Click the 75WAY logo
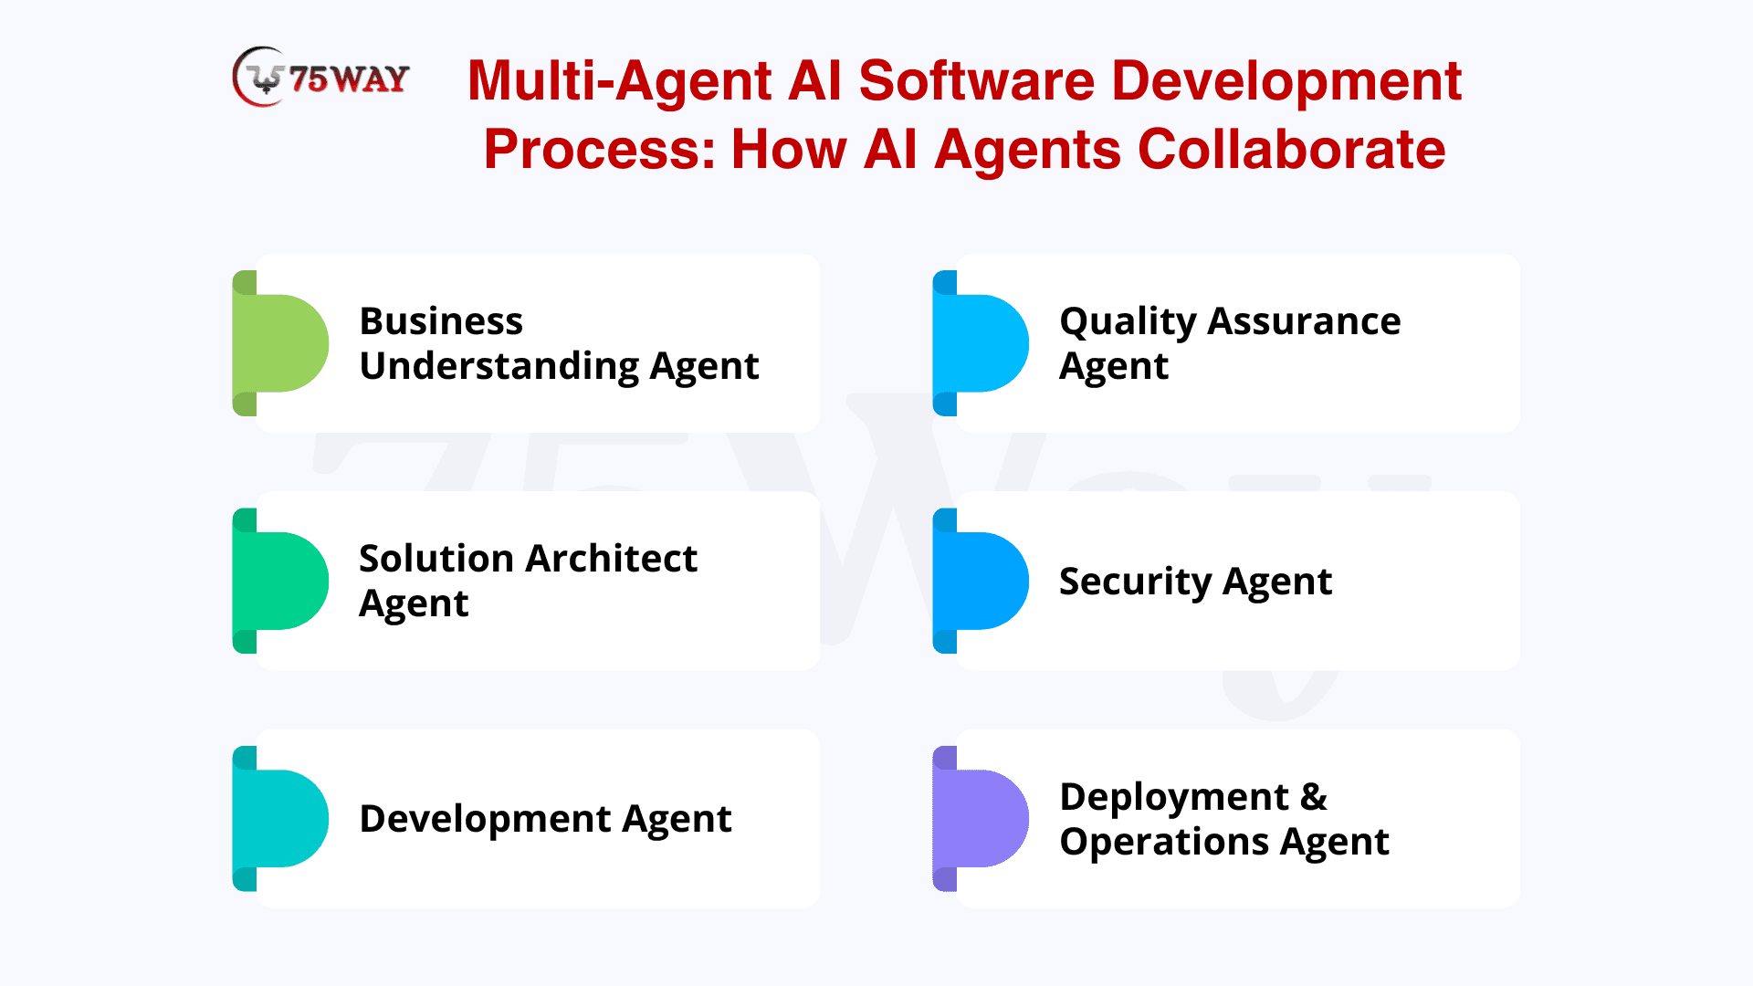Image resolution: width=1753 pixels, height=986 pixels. click(x=320, y=78)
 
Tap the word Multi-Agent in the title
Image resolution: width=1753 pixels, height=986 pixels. click(x=620, y=81)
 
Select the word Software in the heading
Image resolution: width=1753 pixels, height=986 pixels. click(x=976, y=80)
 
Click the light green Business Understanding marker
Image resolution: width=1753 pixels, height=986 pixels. click(x=280, y=343)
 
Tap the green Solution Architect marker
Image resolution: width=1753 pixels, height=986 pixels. click(x=280, y=581)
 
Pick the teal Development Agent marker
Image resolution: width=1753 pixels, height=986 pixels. click(x=280, y=818)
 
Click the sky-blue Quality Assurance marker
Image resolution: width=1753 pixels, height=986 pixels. click(x=981, y=343)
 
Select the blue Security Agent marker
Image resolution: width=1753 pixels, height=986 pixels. click(x=981, y=581)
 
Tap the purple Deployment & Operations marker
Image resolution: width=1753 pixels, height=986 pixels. click(x=981, y=818)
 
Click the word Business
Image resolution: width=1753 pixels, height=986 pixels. click(x=441, y=321)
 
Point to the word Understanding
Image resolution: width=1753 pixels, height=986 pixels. click(x=499, y=367)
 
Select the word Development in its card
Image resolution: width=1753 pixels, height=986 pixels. click(x=485, y=820)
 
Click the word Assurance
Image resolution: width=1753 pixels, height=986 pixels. click(x=1304, y=321)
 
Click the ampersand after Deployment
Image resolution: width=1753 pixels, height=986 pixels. click(x=1314, y=797)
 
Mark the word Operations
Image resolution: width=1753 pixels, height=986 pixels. click(x=1164, y=843)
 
